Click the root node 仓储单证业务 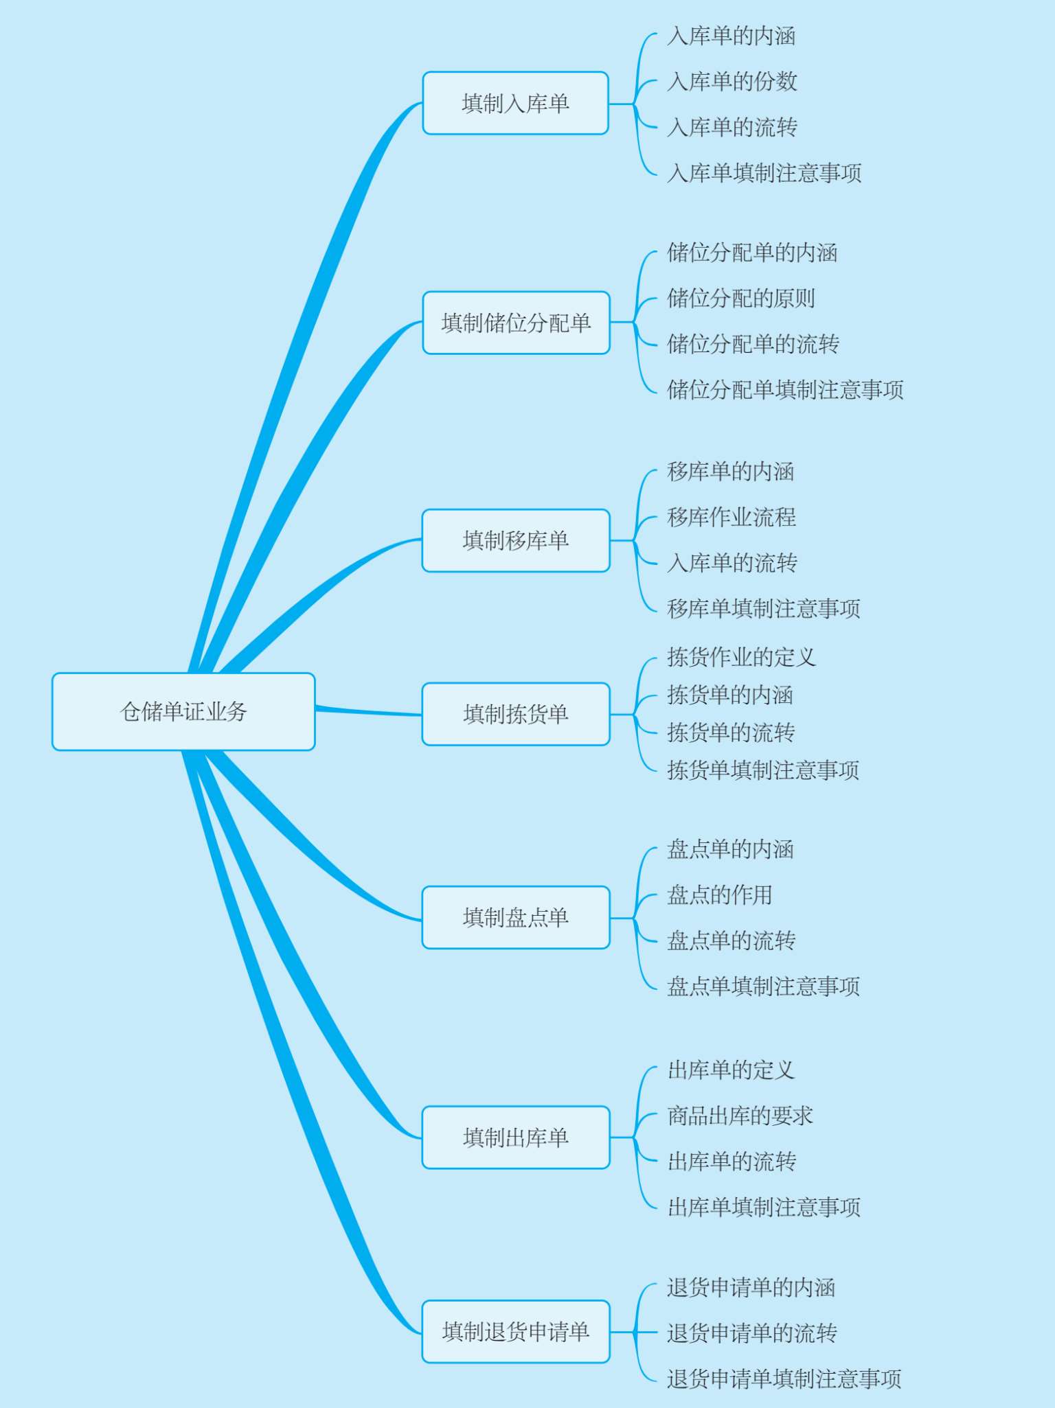point(183,711)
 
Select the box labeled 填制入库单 point(515,103)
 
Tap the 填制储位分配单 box point(516,323)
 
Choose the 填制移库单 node point(516,540)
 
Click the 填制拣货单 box point(516,714)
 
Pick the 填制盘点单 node point(516,917)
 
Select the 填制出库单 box point(516,1137)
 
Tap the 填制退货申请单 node point(516,1331)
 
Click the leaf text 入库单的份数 point(732,81)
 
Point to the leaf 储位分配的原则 point(741,298)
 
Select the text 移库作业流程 point(731,517)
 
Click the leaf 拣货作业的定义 point(741,657)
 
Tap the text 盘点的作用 point(720,895)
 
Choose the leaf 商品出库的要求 point(740,1116)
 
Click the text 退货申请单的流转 point(752,1333)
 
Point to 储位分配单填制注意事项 point(785,389)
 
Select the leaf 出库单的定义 point(731,1070)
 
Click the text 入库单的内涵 point(731,36)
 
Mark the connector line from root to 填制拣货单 point(368,712)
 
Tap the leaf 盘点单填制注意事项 point(763,986)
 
